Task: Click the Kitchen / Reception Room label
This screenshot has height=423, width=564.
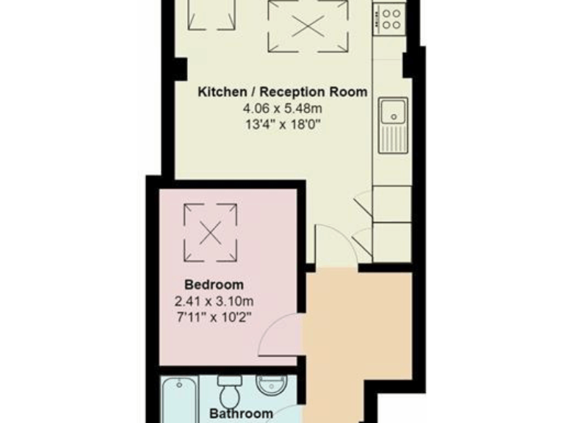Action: pos(283,92)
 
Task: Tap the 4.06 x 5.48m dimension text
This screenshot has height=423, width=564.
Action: pos(283,108)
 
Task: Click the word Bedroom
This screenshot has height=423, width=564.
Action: pos(214,284)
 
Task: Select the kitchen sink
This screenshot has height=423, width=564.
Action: pos(394,113)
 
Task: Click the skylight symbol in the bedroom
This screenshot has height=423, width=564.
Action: pos(211,231)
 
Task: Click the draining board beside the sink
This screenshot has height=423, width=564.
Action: pos(393,140)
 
